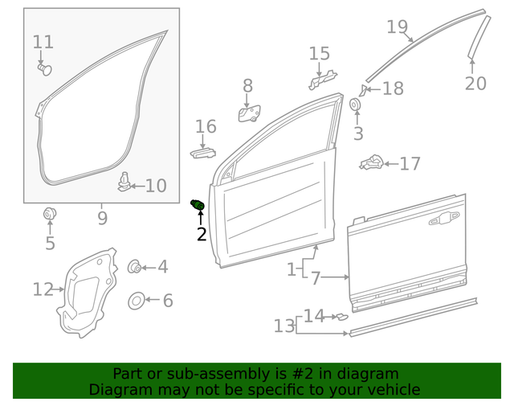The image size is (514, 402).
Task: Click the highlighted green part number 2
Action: pos(197,206)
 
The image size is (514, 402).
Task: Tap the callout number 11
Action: pos(43,42)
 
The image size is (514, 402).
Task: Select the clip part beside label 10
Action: pos(124,183)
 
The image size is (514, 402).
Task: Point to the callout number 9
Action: pos(102,216)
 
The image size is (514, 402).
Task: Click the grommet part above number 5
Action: pos(50,215)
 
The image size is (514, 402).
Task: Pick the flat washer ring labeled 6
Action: pos(137,301)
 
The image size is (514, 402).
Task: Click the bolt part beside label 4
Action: pos(135,267)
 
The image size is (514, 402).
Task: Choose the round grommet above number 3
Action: pos(354,105)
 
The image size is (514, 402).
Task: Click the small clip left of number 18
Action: pos(363,88)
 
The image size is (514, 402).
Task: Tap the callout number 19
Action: pos(397,27)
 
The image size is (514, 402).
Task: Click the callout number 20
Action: pos(475,82)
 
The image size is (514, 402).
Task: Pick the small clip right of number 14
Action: pos(341,316)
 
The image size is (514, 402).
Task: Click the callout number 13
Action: pos(284,326)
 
